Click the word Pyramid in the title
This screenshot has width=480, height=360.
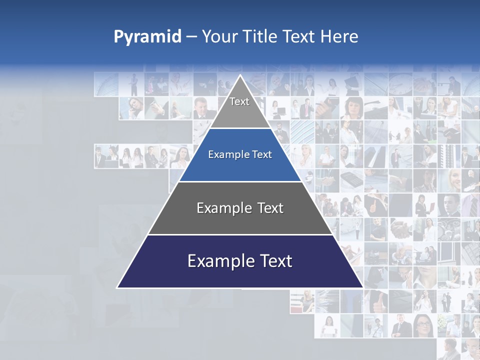coord(147,37)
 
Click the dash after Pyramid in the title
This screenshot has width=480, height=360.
coord(191,37)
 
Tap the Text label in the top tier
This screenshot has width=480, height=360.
coord(239,101)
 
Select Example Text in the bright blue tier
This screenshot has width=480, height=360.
coord(240,154)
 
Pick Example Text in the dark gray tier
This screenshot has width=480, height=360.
coord(240,208)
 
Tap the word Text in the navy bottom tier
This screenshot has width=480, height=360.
coord(274,261)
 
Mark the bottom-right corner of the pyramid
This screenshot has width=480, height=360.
coord(362,287)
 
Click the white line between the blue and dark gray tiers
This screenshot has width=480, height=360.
coord(240,181)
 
